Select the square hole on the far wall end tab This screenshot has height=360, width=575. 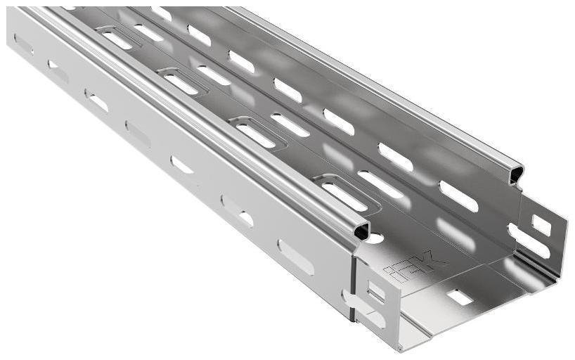(541, 224)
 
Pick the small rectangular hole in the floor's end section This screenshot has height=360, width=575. (460, 297)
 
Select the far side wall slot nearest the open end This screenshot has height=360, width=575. (458, 196)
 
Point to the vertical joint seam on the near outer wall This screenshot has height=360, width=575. (351, 281)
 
